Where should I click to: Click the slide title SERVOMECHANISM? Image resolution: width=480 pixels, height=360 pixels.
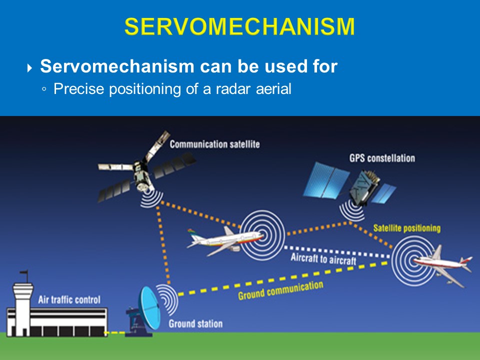coord(239,26)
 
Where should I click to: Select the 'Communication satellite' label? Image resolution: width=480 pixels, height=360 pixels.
coord(214,144)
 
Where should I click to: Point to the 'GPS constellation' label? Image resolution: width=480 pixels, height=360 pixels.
coord(381,158)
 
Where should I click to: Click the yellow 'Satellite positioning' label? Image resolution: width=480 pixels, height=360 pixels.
coord(407,228)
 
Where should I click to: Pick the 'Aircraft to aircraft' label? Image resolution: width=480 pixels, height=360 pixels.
coord(323,259)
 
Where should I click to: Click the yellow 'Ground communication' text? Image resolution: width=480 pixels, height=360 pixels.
coord(280,290)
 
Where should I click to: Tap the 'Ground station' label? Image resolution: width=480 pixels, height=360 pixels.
coord(195,323)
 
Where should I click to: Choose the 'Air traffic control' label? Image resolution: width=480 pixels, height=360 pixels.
coord(69,300)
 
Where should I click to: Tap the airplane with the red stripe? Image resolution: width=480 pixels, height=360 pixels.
coord(442,264)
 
